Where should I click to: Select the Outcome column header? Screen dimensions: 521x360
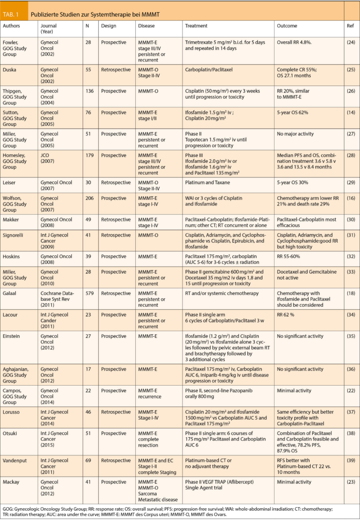[x=287, y=25]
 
